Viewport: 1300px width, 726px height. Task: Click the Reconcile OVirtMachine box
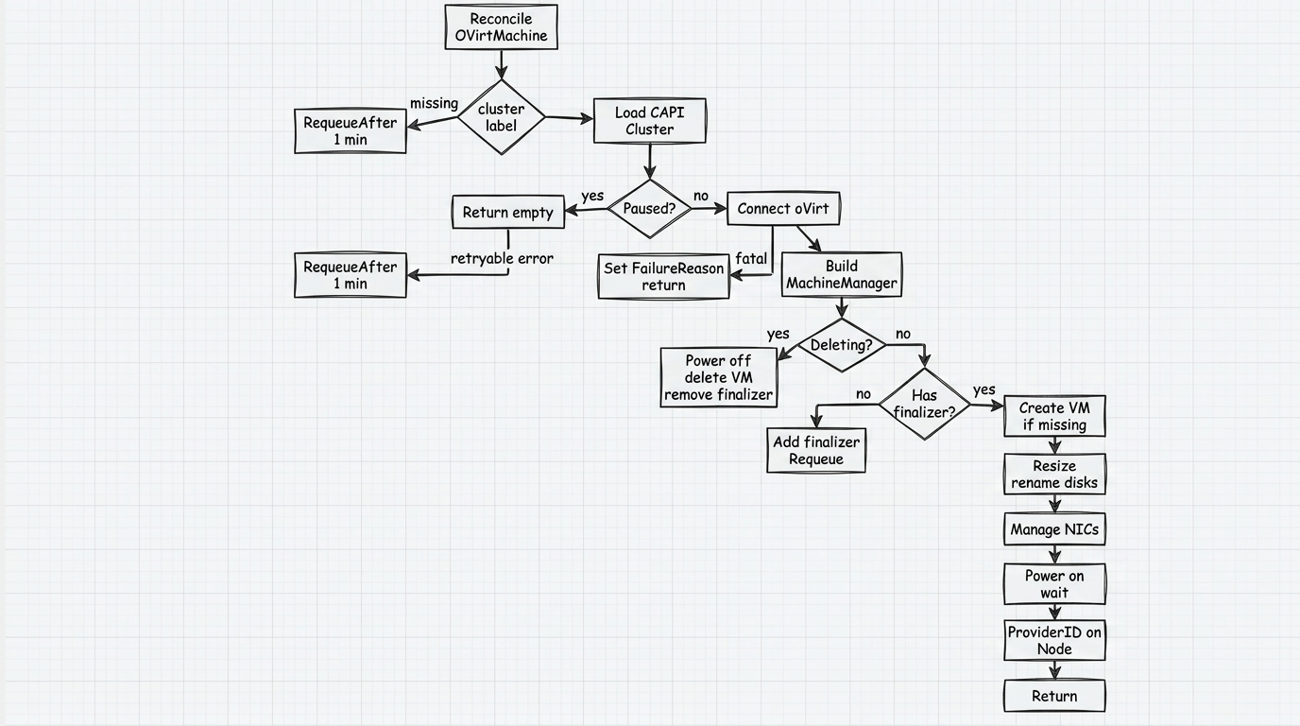point(501,27)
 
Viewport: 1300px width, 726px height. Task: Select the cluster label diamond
point(502,117)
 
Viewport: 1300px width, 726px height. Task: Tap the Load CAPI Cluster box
point(649,121)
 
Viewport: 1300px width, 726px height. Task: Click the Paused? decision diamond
point(649,209)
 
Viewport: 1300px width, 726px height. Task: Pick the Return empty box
point(508,212)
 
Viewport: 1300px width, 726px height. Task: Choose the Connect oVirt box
point(783,209)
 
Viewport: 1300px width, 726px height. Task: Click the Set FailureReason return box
point(663,276)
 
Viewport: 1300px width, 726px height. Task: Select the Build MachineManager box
point(842,275)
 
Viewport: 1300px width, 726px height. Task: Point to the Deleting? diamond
point(842,345)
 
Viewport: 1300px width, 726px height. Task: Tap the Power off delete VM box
point(718,377)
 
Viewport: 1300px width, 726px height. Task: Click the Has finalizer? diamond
point(925,405)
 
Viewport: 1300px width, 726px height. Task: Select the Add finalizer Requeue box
point(816,451)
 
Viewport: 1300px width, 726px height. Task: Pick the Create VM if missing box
point(1054,417)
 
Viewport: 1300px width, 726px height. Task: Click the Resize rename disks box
point(1054,475)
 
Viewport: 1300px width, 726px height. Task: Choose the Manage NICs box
point(1054,529)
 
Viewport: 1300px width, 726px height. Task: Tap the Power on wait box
point(1054,584)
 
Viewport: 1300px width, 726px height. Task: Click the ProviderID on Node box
point(1054,641)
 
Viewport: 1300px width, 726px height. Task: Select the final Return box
point(1054,696)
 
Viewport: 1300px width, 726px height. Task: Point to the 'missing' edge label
point(434,103)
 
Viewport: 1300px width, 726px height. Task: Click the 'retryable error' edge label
point(502,258)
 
